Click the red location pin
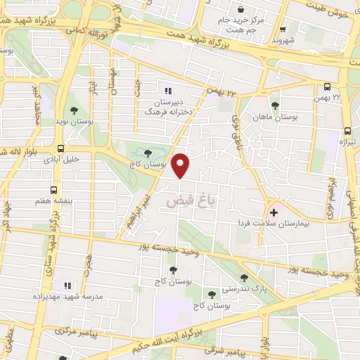(x=182, y=165)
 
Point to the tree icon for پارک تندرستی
(x=243, y=278)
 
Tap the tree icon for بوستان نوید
(x=74, y=110)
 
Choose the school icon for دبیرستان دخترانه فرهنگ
(x=167, y=91)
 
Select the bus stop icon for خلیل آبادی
(x=60, y=148)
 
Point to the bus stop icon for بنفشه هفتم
(x=54, y=189)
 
